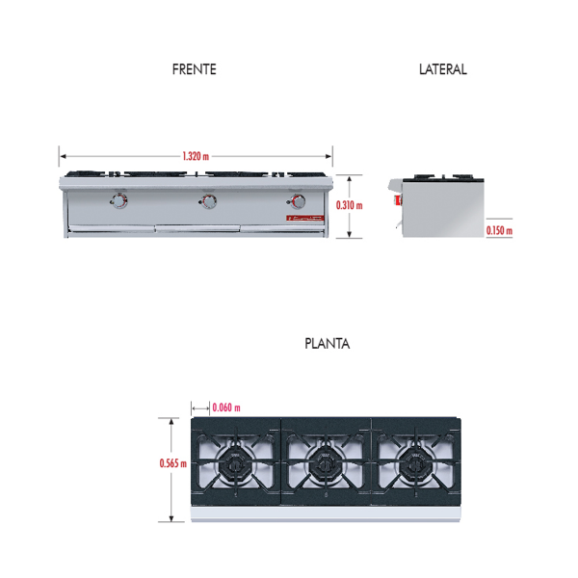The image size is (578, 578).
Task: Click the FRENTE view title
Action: tap(195, 69)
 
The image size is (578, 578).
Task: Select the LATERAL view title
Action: tap(443, 69)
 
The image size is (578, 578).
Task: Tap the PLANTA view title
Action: tap(327, 344)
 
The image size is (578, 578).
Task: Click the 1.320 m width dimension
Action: tap(196, 156)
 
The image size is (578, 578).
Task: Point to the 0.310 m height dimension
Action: tap(349, 205)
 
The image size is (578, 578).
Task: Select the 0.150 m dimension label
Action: tap(499, 231)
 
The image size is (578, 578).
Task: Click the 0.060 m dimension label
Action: tap(226, 407)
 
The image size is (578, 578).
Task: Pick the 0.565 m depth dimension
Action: tap(172, 463)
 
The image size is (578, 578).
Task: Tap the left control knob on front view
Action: tap(118, 201)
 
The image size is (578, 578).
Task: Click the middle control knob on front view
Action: tap(208, 201)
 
